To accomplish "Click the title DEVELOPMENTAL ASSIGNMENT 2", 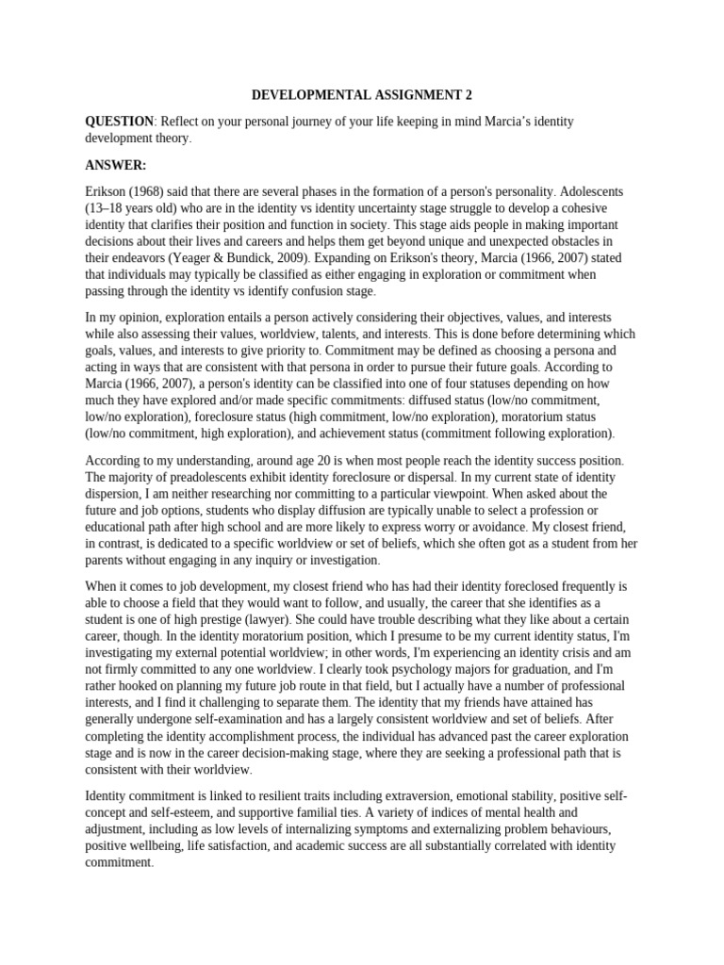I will [361, 95].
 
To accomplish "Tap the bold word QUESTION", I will [119, 122].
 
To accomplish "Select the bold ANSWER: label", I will [116, 164].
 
